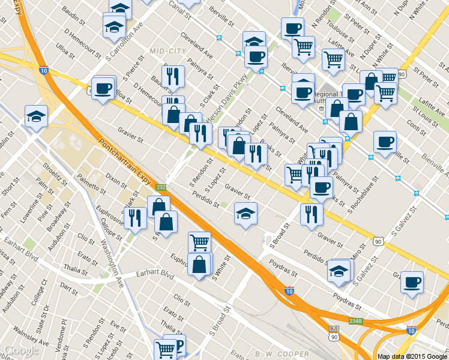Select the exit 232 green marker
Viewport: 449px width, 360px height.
(x=161, y=187)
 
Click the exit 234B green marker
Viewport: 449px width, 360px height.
(x=355, y=321)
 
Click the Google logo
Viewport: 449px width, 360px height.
(x=22, y=350)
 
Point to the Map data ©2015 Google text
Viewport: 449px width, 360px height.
(x=412, y=356)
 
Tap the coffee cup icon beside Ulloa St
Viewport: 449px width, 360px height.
(x=103, y=88)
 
